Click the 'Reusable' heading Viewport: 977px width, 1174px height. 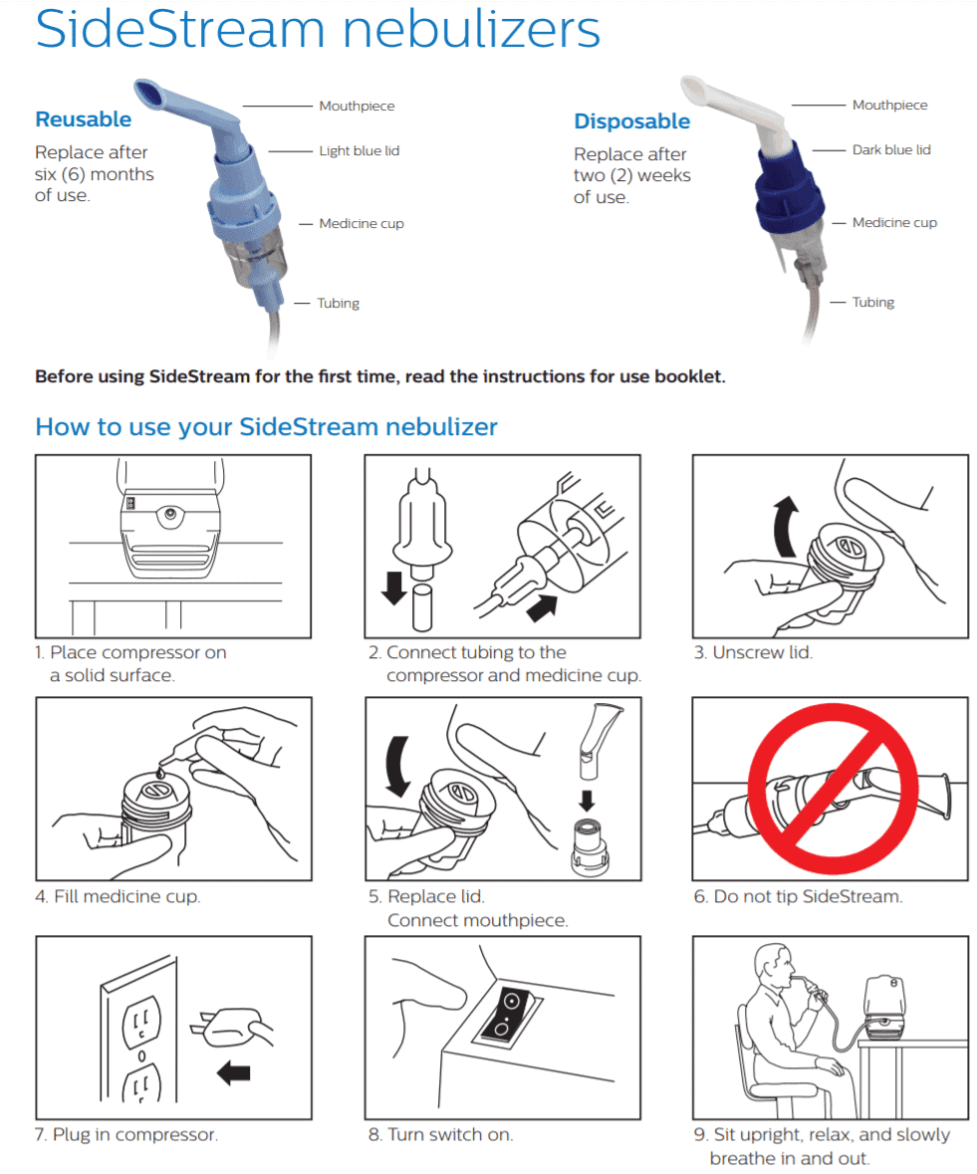coord(83,119)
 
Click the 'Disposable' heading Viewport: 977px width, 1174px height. coord(631,121)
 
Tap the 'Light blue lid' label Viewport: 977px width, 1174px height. coord(359,151)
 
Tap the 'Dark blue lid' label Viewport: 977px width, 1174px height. coord(890,150)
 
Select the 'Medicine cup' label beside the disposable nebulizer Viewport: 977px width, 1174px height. coord(893,223)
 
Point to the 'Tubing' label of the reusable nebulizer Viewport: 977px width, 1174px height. coord(338,303)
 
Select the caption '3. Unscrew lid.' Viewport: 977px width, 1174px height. coord(753,653)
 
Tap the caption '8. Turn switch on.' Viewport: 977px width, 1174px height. coord(440,1134)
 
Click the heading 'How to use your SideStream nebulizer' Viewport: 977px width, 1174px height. coord(266,427)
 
